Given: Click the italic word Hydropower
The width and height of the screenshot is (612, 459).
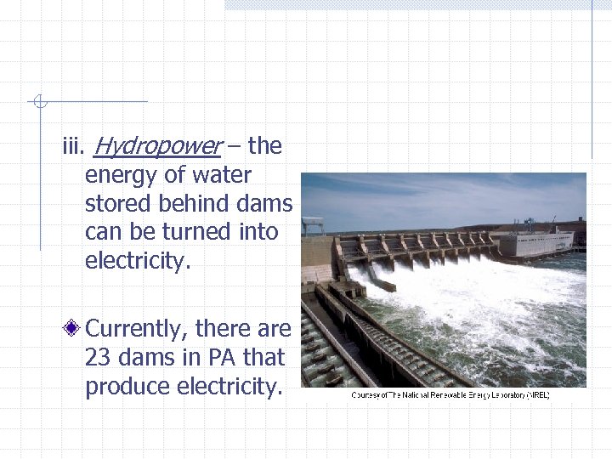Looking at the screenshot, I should click(156, 147).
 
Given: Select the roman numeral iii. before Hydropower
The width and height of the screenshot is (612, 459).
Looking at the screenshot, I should click(73, 147).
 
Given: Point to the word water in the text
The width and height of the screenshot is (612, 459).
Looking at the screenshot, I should click(224, 176).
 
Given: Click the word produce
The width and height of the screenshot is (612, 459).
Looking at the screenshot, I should click(127, 387).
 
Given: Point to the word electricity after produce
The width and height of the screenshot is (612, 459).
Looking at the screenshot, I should click(228, 387).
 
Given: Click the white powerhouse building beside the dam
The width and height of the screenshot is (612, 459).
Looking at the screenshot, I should click(535, 244).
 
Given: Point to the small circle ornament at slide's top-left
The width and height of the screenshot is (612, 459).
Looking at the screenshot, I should click(37, 102).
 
